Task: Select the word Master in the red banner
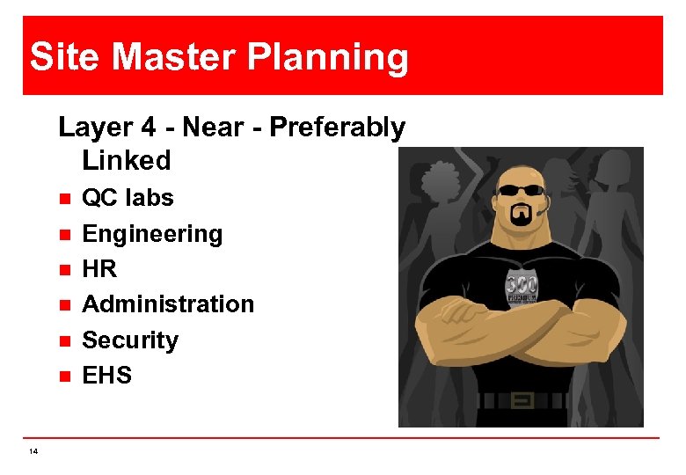point(171,57)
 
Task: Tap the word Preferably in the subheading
point(337,128)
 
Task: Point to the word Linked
point(127,160)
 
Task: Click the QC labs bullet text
point(128,198)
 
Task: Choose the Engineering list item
point(152,234)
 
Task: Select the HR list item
point(99,269)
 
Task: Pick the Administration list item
point(167,304)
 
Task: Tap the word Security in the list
point(130,340)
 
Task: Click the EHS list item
point(106,376)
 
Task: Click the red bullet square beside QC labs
point(63,199)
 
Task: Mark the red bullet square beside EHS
point(63,376)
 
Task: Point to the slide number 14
point(33,451)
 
